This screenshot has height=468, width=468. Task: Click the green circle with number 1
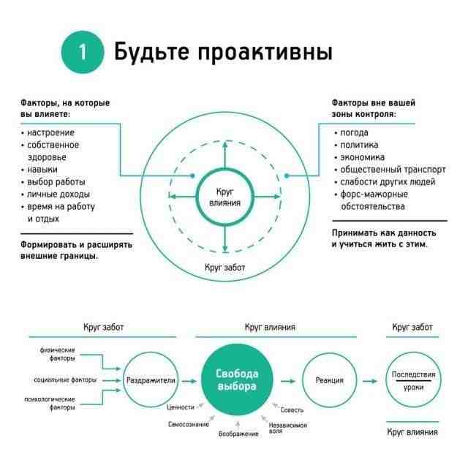tap(83, 53)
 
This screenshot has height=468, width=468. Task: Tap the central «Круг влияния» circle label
tap(224, 196)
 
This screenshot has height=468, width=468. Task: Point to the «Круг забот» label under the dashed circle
tap(224, 268)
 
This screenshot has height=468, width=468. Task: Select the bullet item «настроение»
tap(50, 132)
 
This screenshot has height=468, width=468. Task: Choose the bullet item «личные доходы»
tap(58, 194)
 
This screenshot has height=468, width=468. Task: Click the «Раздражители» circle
tap(151, 380)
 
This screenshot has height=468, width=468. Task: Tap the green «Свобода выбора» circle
tap(235, 380)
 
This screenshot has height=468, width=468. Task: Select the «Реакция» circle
tap(329, 380)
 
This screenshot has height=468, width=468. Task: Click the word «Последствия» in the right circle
tap(413, 374)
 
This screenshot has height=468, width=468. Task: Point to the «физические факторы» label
tap(57, 355)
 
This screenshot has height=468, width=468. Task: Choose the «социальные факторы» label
tap(64, 380)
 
